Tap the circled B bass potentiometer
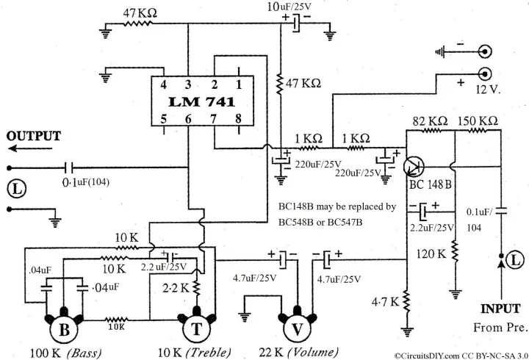coord(64,330)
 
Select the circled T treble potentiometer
coord(196,330)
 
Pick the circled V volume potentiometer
coord(298,330)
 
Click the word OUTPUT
coord(34,136)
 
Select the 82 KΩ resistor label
coord(430,120)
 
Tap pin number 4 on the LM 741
coord(165,84)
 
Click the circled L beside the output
coord(17,188)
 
